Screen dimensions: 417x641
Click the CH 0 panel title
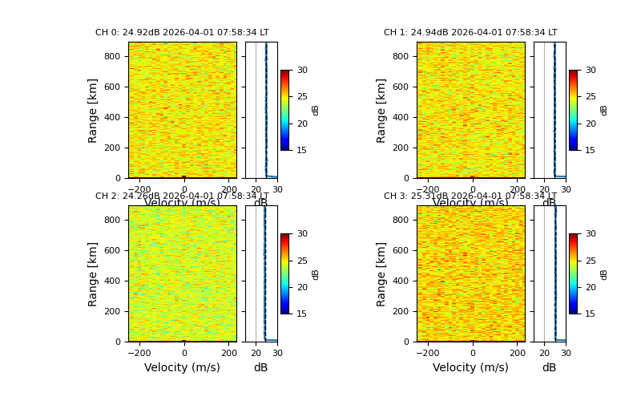(182, 33)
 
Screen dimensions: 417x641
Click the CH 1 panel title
(470, 33)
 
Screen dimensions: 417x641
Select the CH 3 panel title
(470, 196)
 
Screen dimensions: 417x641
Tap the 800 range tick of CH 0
(112, 57)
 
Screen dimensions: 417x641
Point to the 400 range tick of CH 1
(401, 117)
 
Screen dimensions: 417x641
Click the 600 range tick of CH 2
(112, 251)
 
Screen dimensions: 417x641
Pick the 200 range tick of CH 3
(401, 311)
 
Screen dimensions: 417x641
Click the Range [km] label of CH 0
(94, 110)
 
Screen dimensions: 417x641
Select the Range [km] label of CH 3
(382, 273)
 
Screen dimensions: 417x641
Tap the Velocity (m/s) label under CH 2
(182, 368)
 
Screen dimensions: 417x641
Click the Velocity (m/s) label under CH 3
(470, 368)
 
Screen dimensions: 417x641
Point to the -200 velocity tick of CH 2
(139, 353)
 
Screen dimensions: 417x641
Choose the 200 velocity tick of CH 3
(517, 353)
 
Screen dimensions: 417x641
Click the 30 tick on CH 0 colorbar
(302, 71)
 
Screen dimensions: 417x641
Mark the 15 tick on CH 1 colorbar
(591, 150)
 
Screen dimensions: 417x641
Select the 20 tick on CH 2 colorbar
(302, 287)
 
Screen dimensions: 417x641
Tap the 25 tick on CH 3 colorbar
(591, 261)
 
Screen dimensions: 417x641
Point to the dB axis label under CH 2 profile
(260, 368)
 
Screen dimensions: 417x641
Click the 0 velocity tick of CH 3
(472, 353)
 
